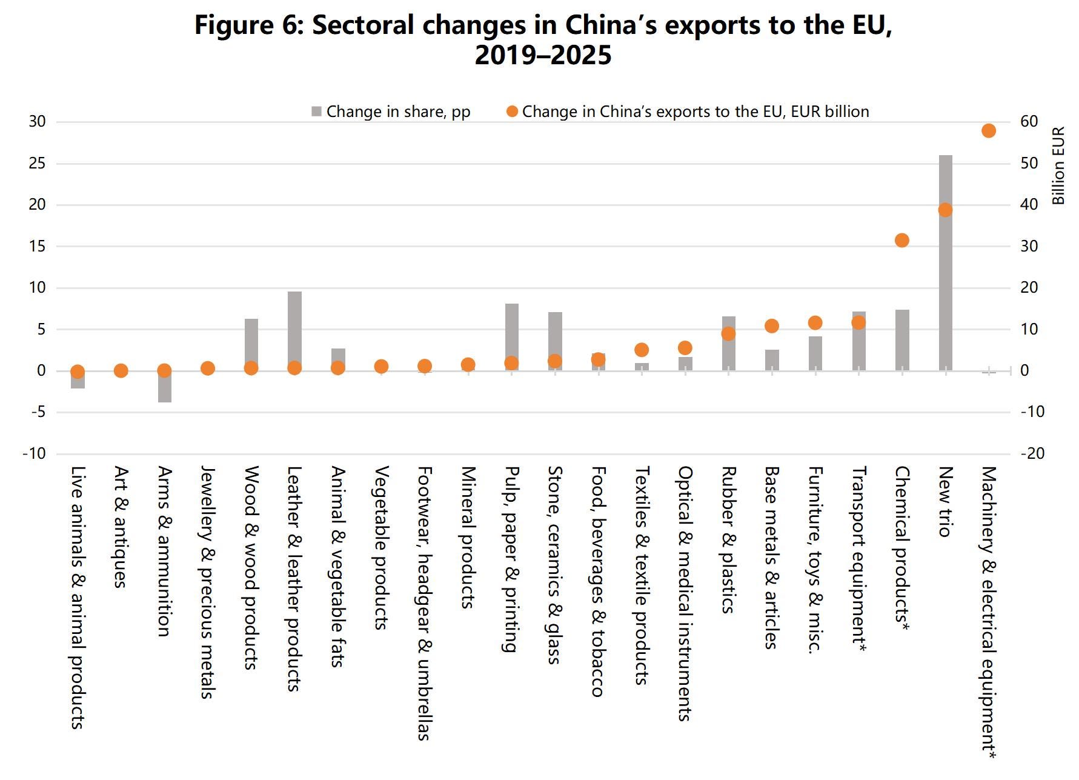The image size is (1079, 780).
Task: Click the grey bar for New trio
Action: [945, 262]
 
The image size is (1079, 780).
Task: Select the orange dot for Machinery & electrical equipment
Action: [988, 131]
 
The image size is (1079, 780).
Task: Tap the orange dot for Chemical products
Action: [901, 241]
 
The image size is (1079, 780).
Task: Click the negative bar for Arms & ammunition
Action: [165, 386]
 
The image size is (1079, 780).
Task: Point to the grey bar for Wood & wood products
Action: [251, 344]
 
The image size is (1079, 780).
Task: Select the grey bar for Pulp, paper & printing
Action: [512, 337]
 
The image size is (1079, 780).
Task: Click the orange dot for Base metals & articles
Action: [771, 326]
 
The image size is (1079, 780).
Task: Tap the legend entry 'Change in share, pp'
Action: [391, 112]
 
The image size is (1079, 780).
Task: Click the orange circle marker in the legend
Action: [512, 112]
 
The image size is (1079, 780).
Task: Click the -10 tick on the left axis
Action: [34, 453]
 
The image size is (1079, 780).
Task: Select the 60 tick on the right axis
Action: [1029, 121]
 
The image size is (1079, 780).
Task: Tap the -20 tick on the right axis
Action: [1032, 453]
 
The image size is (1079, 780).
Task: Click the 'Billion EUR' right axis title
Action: [1058, 165]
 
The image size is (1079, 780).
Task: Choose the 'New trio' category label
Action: [945, 501]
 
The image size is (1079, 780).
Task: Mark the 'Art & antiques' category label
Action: [121, 527]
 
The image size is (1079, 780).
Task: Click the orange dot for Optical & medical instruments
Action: [685, 348]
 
